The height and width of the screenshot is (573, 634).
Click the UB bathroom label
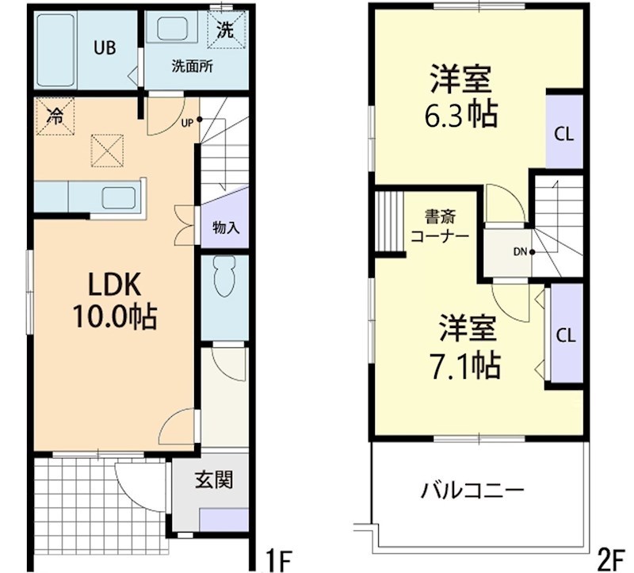point(105,48)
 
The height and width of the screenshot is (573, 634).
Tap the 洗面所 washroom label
point(192,67)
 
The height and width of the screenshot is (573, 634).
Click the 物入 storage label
point(226,227)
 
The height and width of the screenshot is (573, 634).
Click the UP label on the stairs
point(187,122)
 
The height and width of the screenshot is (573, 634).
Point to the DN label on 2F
point(520,253)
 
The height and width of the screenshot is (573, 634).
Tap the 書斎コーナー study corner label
point(440,226)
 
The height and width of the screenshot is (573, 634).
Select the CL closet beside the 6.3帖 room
point(563,133)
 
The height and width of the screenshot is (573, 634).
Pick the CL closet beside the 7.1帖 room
point(564,334)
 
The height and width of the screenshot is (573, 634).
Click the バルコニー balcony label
point(472,489)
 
